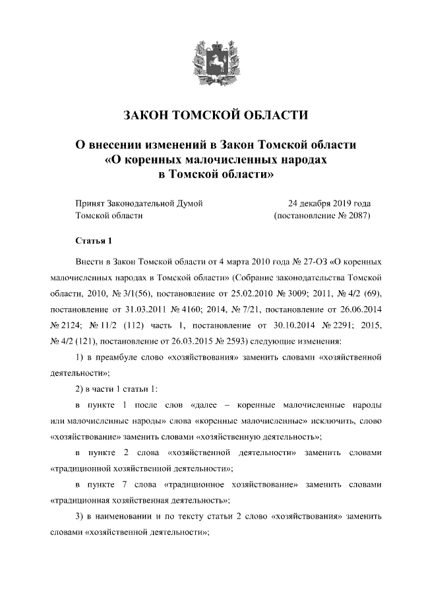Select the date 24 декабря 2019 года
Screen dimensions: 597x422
tap(329, 203)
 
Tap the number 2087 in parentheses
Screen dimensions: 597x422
tap(355, 216)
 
